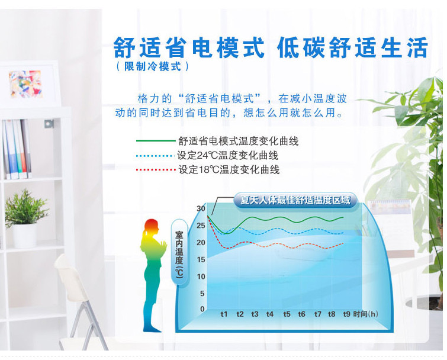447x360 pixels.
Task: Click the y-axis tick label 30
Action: [201, 208]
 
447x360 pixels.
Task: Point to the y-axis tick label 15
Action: [201, 259]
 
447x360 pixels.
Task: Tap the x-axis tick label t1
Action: [224, 314]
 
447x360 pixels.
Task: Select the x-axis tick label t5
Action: [287, 314]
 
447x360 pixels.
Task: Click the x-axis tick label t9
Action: [347, 314]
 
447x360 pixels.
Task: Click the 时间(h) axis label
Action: [365, 314]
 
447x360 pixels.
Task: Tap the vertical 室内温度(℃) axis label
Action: [179, 254]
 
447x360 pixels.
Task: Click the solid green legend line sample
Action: [156, 141]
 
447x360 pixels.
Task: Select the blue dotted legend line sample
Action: [156, 156]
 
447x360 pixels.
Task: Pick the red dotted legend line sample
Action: [156, 170]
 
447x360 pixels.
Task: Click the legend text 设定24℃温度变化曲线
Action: [227, 156]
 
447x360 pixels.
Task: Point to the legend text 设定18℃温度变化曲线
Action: [229, 170]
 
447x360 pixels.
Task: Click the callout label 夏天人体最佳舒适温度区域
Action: [295, 200]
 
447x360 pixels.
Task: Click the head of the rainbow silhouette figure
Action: [151, 227]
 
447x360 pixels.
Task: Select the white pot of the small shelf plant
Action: [24, 236]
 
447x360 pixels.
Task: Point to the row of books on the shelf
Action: [16, 149]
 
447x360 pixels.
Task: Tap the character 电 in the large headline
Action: [204, 47]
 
